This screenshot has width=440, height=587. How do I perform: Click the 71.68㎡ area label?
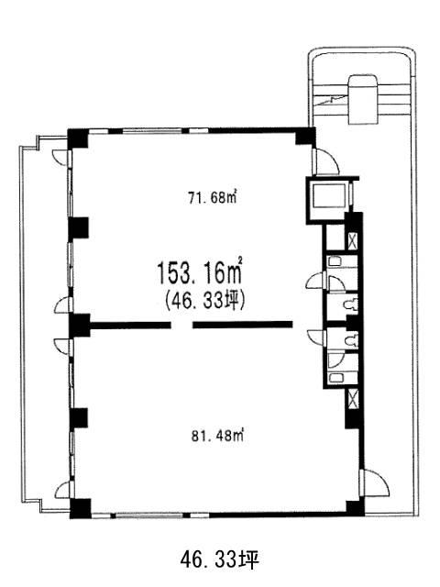click(x=213, y=198)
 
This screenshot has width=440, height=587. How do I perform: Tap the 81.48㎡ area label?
click(x=217, y=436)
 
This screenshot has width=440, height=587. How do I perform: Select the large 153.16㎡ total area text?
click(x=199, y=272)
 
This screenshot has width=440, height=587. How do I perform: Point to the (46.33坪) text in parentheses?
click(x=204, y=301)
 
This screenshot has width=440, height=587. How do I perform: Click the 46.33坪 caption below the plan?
click(x=220, y=560)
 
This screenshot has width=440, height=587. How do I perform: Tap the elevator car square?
click(x=329, y=195)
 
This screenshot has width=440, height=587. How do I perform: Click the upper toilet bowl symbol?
click(x=351, y=305)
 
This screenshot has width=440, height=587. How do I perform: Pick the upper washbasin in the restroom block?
click(x=335, y=260)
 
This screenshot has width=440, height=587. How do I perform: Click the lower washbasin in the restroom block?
click(x=335, y=377)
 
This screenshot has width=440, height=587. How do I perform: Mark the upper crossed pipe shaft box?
click(x=353, y=241)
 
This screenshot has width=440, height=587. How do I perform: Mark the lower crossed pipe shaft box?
click(x=353, y=399)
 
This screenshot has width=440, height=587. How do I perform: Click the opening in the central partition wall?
click(x=182, y=325)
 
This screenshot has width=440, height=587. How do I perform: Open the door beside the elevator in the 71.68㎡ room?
click(x=325, y=161)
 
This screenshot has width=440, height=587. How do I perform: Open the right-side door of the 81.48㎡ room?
click(x=375, y=483)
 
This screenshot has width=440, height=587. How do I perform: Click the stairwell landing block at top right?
click(x=363, y=99)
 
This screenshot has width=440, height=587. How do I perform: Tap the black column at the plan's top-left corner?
click(x=77, y=138)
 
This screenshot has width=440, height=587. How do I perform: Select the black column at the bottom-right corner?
click(x=355, y=508)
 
